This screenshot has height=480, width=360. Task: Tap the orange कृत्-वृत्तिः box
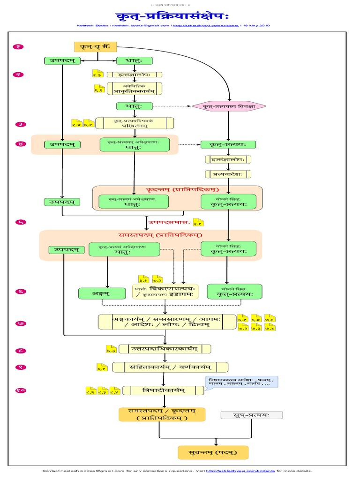96,47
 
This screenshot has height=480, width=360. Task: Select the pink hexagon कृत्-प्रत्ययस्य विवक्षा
229,107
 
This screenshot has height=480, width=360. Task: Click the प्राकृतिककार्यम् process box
135,89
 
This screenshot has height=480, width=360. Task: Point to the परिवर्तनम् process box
135,123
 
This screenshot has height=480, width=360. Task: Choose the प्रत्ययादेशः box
228,174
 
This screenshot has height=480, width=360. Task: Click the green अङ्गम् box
102,293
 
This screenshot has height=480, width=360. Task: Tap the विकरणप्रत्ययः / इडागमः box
165,291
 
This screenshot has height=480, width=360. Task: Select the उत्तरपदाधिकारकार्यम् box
165,349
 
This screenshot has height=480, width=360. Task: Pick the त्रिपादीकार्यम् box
164,390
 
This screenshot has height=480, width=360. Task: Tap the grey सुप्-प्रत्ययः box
252,415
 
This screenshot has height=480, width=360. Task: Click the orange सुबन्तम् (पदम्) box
213,452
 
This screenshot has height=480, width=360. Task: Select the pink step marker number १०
21,390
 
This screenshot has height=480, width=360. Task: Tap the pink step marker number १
21,46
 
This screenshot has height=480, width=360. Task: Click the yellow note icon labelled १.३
97,74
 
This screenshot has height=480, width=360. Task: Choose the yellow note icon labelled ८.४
114,390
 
